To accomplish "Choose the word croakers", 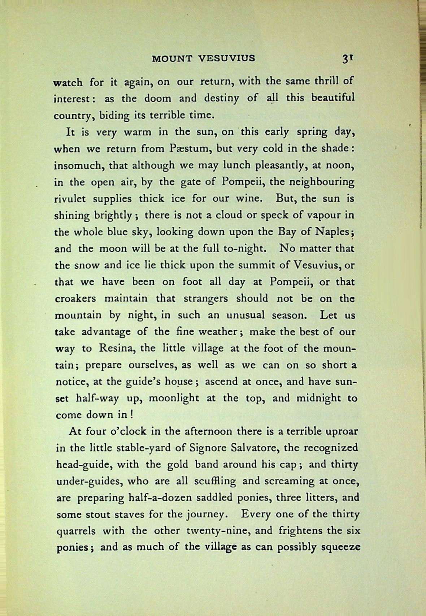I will coord(75,298).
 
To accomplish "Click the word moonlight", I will coord(174,398).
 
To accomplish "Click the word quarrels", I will coord(76,531).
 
